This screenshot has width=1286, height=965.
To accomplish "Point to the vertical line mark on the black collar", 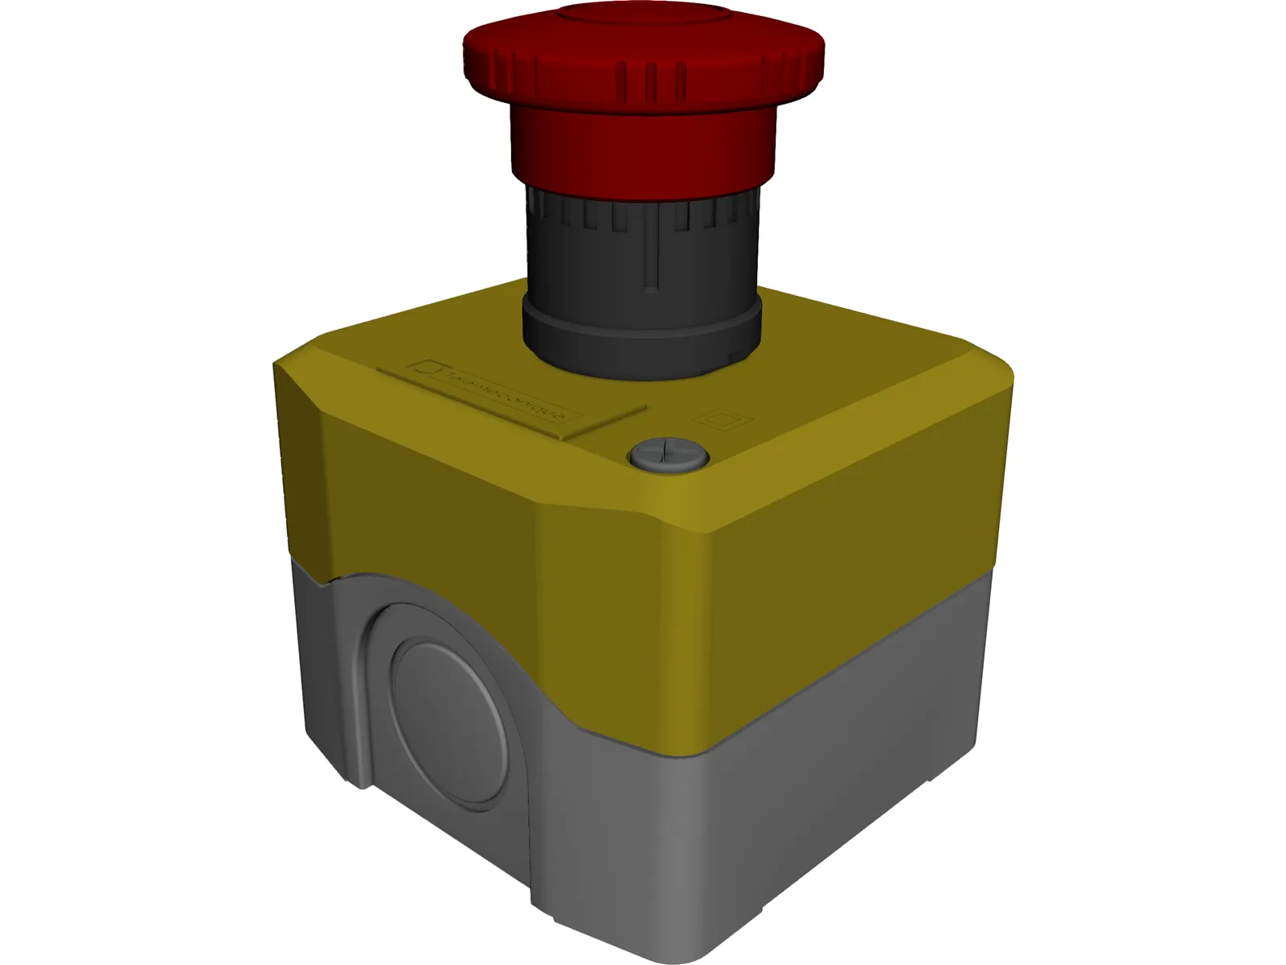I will (x=657, y=257).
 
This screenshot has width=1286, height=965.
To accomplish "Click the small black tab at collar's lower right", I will (x=733, y=354).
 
